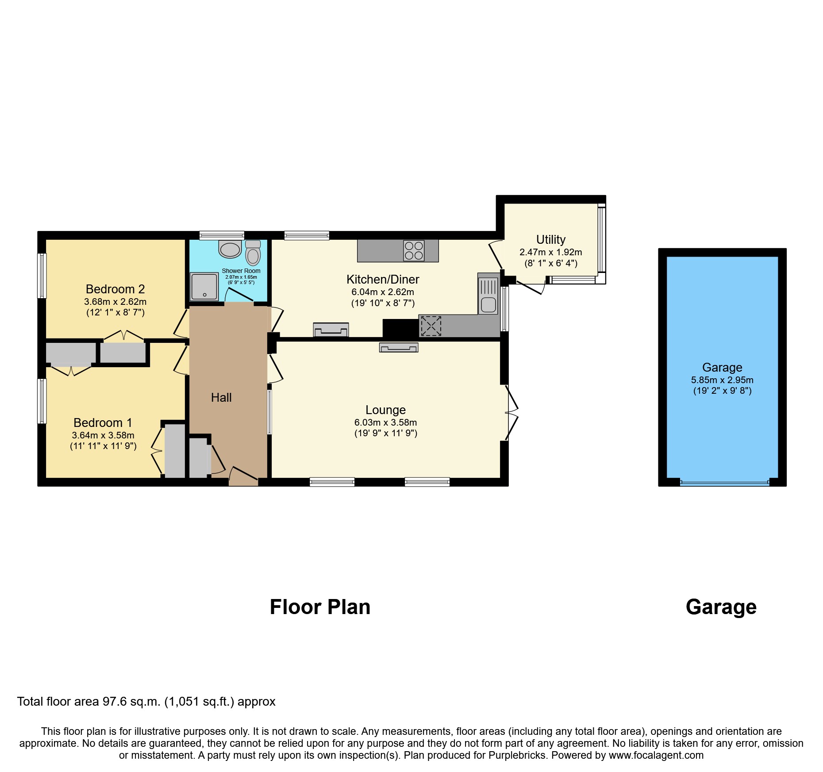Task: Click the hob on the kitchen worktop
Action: (414, 250)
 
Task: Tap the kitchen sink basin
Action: (488, 305)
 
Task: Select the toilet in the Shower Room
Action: (253, 254)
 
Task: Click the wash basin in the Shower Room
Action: (230, 250)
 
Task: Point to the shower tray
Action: (204, 286)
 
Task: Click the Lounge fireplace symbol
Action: (398, 348)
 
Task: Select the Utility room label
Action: (550, 239)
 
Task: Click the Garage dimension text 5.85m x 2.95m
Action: (722, 380)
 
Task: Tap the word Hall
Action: (221, 397)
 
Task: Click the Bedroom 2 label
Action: (115, 289)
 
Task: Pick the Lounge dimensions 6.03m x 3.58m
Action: (385, 422)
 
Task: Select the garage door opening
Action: (724, 483)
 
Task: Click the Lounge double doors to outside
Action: (511, 413)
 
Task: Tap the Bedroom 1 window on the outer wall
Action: (42, 401)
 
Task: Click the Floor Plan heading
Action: (320, 607)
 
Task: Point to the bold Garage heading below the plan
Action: (721, 607)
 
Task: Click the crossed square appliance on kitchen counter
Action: (431, 326)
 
